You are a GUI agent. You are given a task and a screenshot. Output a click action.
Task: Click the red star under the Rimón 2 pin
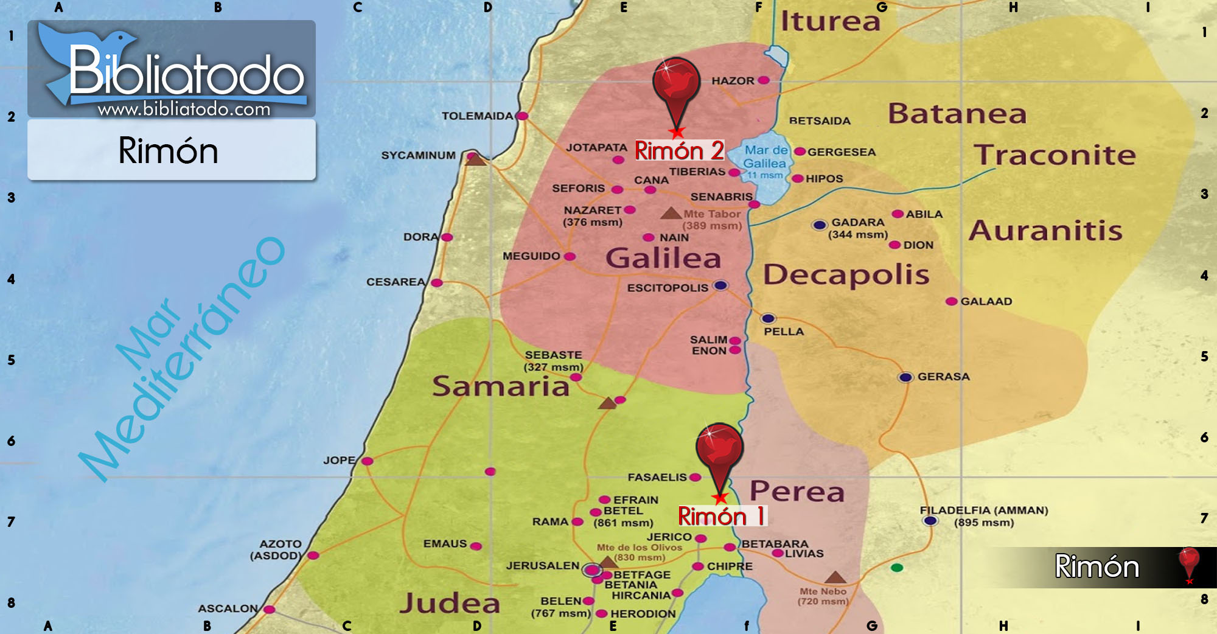click(x=677, y=132)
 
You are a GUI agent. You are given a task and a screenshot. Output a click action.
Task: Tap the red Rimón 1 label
click(x=722, y=516)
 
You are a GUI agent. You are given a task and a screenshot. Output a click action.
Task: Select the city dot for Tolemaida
click(x=522, y=116)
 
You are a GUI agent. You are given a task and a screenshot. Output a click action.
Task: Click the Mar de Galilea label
click(x=765, y=157)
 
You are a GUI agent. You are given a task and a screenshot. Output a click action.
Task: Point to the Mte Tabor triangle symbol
click(x=671, y=213)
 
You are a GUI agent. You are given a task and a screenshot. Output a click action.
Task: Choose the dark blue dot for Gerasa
click(x=905, y=377)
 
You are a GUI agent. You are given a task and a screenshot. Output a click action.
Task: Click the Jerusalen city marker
click(x=591, y=570)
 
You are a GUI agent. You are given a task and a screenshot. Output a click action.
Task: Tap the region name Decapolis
click(x=846, y=274)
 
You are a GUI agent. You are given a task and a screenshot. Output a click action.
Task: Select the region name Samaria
click(x=500, y=386)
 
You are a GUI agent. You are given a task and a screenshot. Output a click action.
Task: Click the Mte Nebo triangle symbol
click(x=835, y=577)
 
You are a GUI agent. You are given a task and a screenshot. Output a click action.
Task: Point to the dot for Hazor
click(x=764, y=80)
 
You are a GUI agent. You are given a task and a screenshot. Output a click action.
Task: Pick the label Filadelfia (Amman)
click(x=983, y=510)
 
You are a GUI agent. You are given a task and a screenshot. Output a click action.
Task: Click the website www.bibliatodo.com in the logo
click(x=184, y=109)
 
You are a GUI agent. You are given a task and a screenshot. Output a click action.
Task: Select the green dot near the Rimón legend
click(x=897, y=568)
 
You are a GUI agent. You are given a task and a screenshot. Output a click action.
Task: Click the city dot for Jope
click(x=367, y=461)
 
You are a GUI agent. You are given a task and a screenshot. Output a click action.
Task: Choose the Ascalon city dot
click(x=269, y=609)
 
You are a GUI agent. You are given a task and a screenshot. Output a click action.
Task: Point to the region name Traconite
click(x=1055, y=155)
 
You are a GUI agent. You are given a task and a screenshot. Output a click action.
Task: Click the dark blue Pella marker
click(x=768, y=318)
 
